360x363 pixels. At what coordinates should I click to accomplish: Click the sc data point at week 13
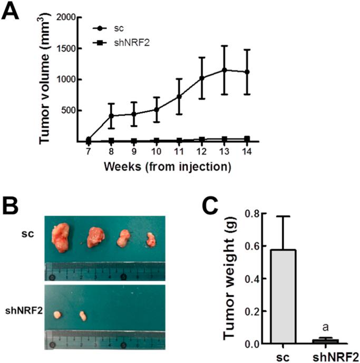[224, 70]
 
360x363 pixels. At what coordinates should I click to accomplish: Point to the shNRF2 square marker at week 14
[247, 139]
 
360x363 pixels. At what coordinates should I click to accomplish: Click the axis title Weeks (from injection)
[167, 168]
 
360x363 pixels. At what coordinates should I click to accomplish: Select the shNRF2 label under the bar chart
[328, 355]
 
